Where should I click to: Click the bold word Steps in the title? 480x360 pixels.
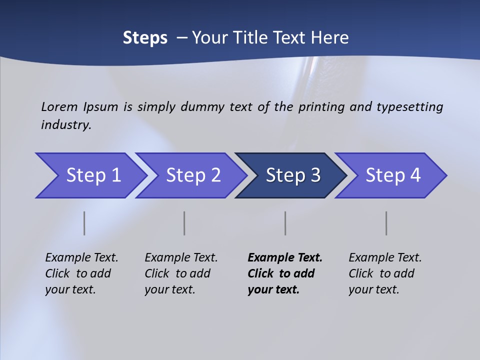click(x=145, y=38)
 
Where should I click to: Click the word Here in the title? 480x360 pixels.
click(x=329, y=38)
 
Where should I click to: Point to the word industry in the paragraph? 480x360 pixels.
click(x=65, y=124)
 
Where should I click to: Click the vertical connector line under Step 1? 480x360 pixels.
click(x=84, y=223)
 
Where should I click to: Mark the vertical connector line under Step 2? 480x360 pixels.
click(x=184, y=223)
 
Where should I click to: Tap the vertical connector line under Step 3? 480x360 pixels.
click(x=285, y=223)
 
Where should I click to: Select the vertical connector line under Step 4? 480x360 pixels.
click(x=386, y=223)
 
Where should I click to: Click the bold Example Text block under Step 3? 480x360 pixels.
click(x=284, y=273)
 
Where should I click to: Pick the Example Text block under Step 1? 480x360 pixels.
click(x=81, y=273)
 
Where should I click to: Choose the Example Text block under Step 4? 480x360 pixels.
click(x=385, y=273)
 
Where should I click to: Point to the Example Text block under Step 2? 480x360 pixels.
click(x=181, y=273)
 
